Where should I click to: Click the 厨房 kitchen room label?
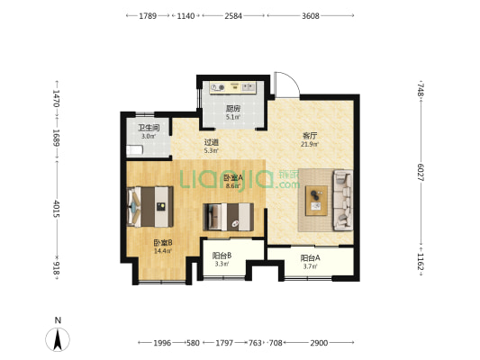tap(233, 108)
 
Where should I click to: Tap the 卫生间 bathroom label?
tap(149, 128)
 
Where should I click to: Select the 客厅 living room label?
tap(310, 136)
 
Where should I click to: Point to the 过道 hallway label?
tap(212, 142)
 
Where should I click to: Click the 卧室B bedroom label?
tap(163, 243)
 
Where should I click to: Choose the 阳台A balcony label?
tap(310, 258)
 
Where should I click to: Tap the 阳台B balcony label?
tap(222, 256)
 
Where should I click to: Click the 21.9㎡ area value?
tap(310, 144)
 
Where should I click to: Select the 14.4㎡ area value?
tap(163, 251)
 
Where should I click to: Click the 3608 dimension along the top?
tap(311, 16)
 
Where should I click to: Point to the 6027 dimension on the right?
tap(421, 173)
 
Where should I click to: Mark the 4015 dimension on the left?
tap(56, 209)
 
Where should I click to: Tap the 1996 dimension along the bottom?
tap(162, 343)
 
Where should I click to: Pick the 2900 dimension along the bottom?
tap(319, 343)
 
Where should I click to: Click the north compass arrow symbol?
tap(58, 339)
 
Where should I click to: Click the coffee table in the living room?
tap(316, 201)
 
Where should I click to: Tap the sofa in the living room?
tap(342, 200)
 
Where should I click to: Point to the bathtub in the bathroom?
tap(135, 150)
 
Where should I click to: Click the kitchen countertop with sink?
tap(232, 88)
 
